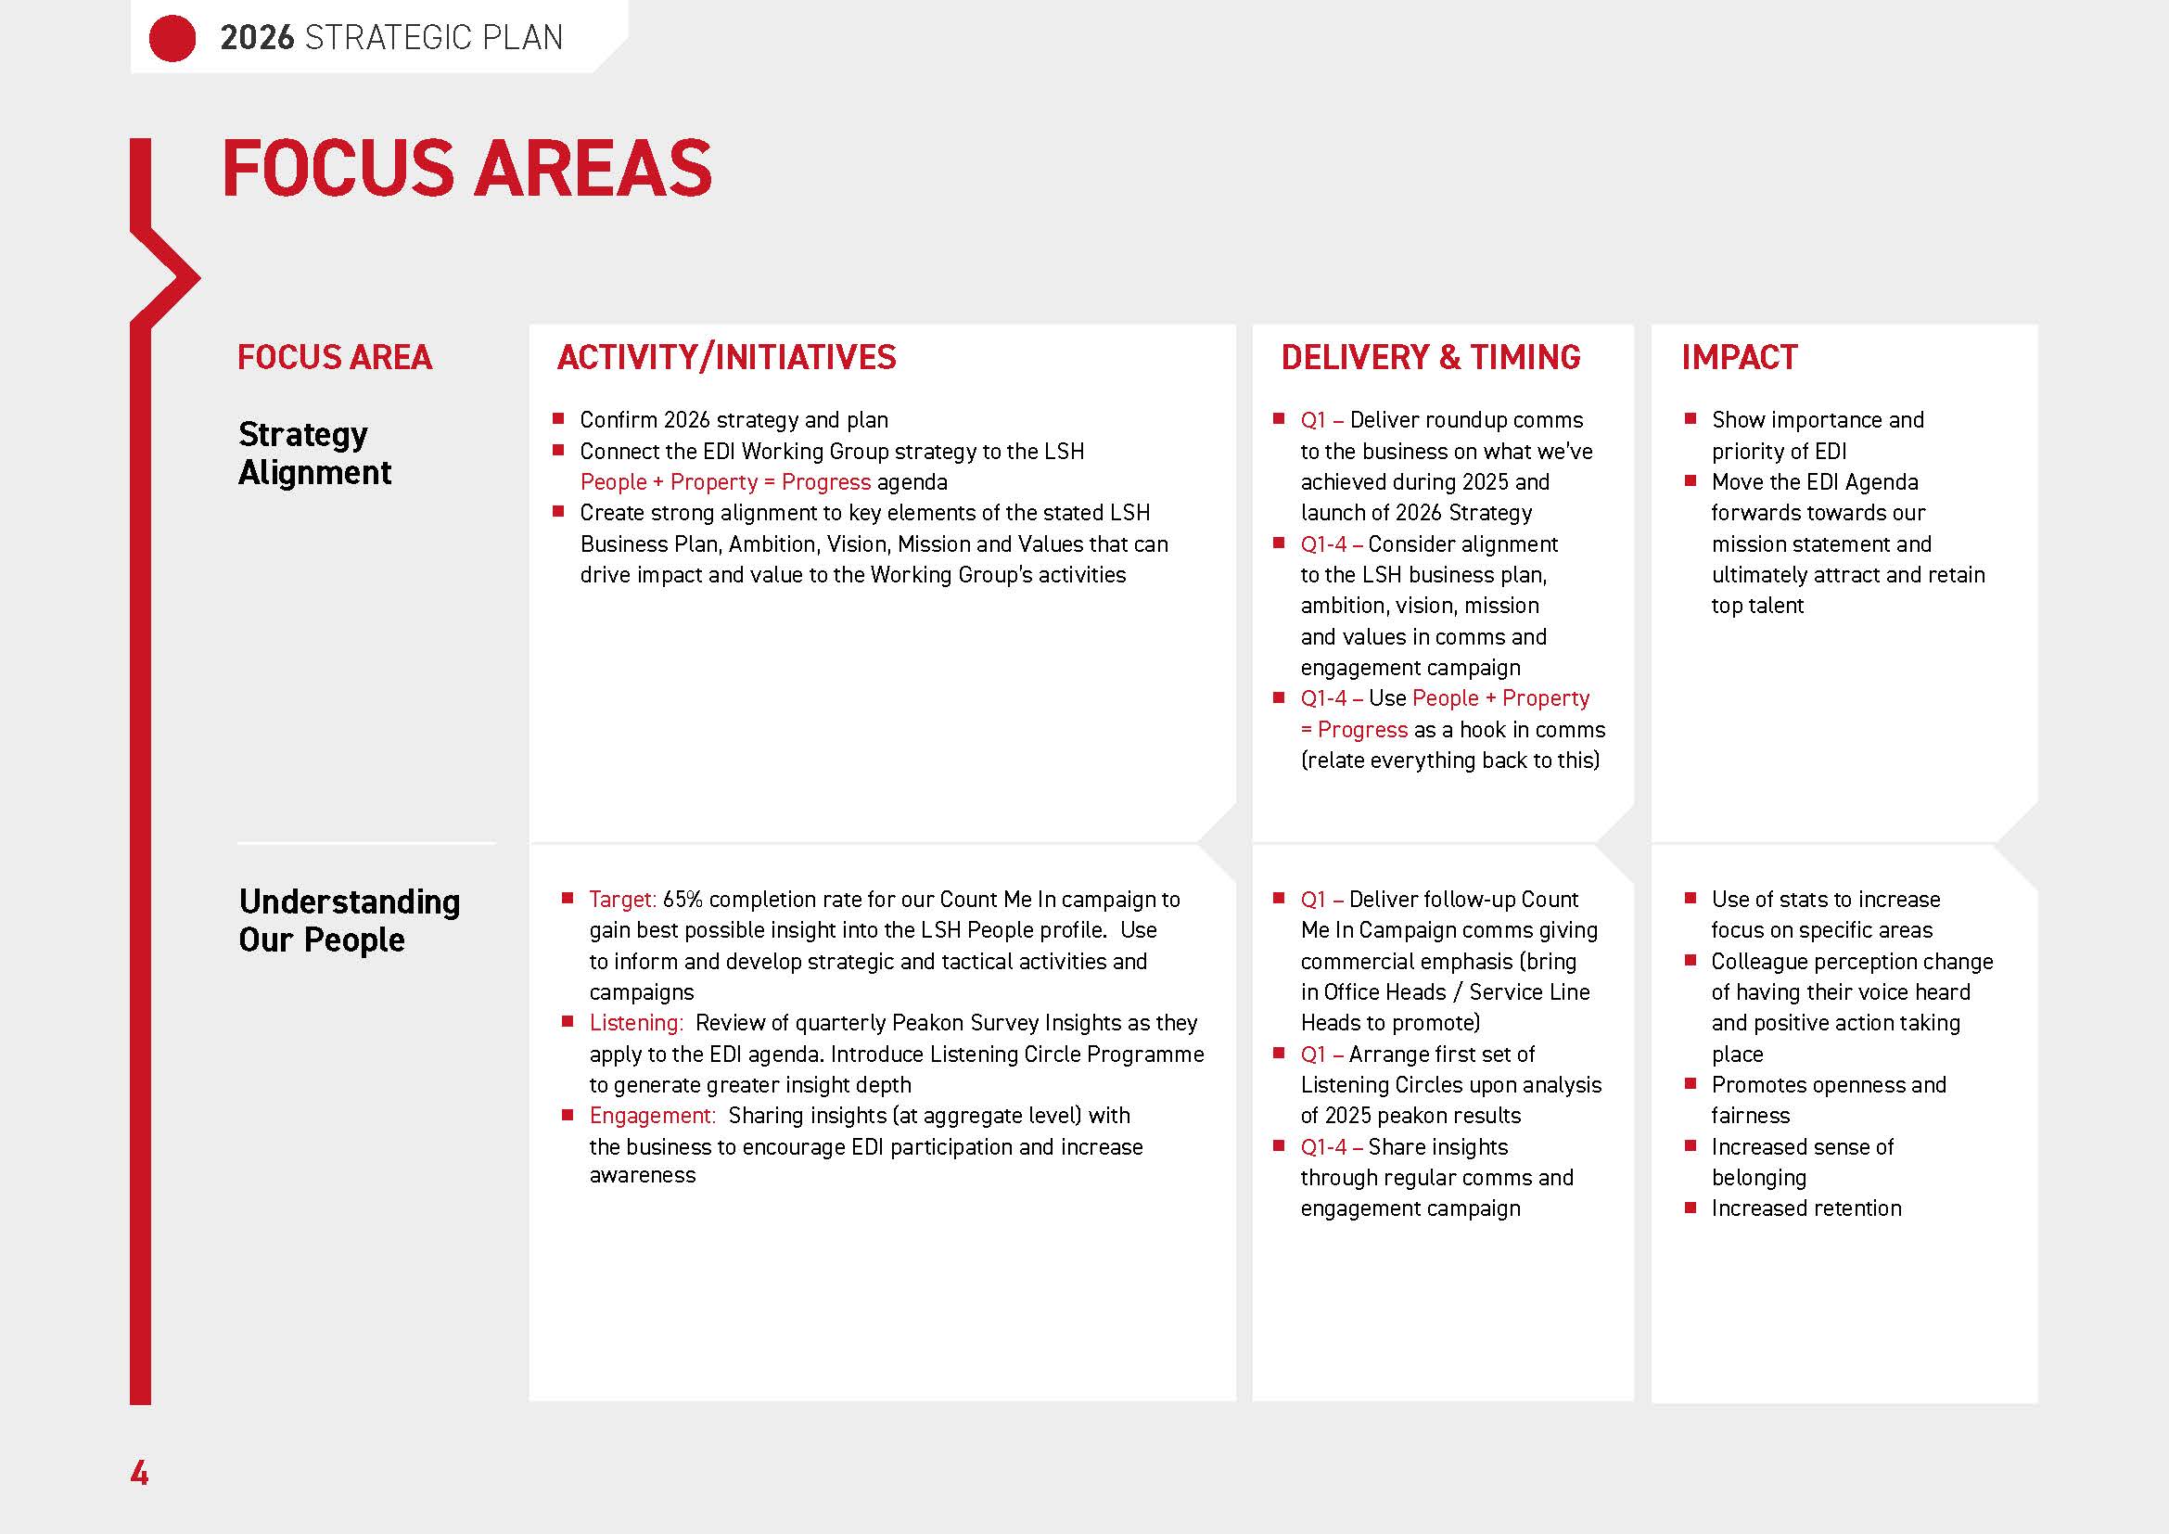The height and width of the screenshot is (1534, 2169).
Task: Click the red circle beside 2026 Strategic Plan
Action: click(172, 39)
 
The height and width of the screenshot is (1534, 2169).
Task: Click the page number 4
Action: click(139, 1473)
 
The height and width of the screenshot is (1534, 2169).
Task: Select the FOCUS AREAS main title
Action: click(466, 168)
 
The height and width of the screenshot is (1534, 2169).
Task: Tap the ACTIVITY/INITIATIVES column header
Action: click(725, 357)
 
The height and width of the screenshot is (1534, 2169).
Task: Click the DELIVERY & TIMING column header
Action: click(1429, 357)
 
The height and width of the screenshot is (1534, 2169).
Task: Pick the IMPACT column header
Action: click(1738, 357)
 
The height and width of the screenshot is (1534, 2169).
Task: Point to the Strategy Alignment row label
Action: click(313, 453)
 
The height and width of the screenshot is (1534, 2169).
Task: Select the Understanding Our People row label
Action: click(349, 920)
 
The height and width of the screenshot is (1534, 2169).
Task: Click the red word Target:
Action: click(621, 900)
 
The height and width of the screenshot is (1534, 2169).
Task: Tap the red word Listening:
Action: click(635, 1023)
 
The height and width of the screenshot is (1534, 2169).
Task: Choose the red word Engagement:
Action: click(652, 1116)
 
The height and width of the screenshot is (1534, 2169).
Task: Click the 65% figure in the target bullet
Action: click(683, 900)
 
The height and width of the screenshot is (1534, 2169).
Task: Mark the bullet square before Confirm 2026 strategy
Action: click(558, 418)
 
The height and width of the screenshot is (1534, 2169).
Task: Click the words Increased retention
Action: click(1805, 1208)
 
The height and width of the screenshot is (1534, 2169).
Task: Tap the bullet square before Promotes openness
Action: click(1691, 1083)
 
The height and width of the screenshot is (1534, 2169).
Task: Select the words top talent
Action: click(1756, 606)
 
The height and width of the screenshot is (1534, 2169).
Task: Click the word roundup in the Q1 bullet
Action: click(1467, 420)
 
